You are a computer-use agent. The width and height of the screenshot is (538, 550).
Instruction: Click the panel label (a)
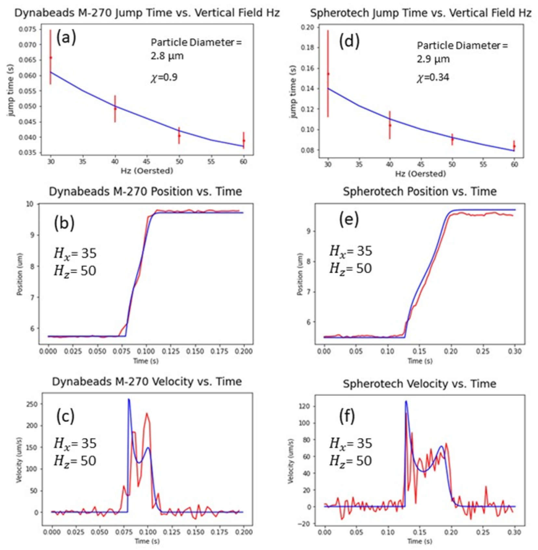tap(66, 37)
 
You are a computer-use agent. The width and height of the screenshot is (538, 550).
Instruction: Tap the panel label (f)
tap(347, 417)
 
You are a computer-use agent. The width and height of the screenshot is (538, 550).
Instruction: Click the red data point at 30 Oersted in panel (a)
tap(51, 58)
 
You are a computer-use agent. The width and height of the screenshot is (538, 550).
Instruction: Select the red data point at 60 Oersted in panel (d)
tap(514, 146)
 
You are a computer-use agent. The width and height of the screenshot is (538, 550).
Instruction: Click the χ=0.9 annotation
tap(164, 77)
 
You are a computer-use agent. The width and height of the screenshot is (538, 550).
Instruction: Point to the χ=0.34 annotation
tap(433, 78)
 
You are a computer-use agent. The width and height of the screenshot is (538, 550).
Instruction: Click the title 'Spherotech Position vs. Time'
tap(420, 191)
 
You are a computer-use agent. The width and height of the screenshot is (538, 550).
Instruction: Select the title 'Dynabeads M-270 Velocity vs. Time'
tap(147, 381)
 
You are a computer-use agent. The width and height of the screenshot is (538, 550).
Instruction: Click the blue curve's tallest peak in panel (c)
tap(129, 399)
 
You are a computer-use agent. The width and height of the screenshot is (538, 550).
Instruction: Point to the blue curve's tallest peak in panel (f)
tap(406, 401)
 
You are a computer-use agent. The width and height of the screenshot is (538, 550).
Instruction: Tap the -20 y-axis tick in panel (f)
tap(306, 524)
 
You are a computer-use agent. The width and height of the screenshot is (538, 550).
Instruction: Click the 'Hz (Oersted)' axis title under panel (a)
tap(147, 171)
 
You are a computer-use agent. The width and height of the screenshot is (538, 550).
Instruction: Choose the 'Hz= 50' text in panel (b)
tap(75, 271)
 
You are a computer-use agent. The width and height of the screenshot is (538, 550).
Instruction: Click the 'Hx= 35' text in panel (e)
tap(351, 251)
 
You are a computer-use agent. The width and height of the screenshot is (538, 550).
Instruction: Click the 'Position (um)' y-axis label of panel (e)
tap(300, 274)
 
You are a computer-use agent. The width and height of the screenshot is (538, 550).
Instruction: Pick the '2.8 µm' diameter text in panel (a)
tap(167, 56)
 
